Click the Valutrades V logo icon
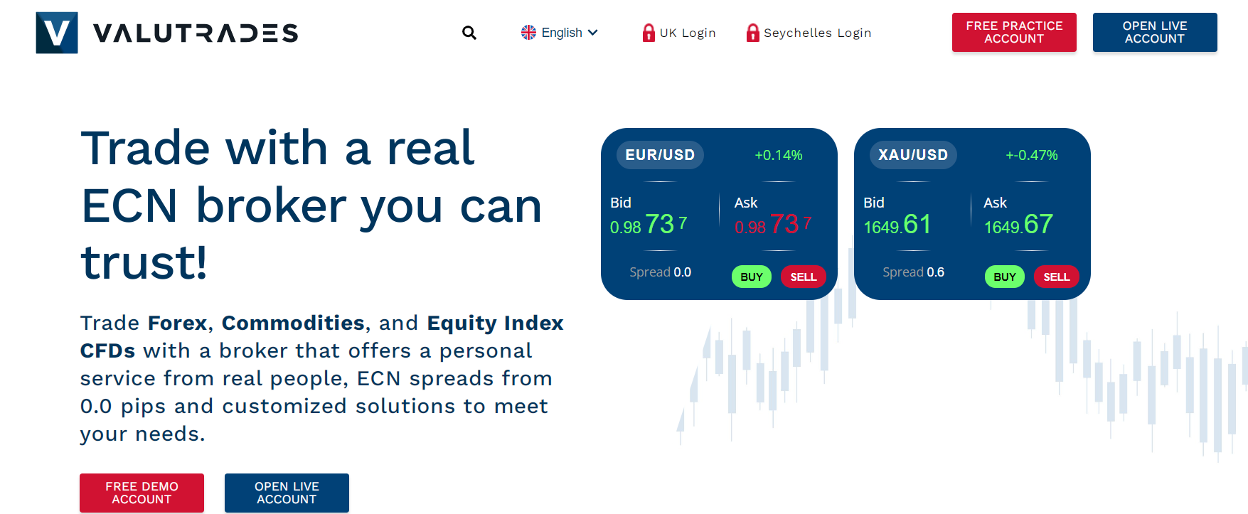coord(57,33)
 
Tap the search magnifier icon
coord(469,33)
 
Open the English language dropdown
coord(560,33)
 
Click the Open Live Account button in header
coord(1154,32)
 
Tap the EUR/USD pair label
coord(659,155)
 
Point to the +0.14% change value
coord(778,155)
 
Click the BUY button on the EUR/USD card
coord(751,277)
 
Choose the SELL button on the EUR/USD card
coord(803,277)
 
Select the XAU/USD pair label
coord(912,155)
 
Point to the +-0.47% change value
coord(1031,155)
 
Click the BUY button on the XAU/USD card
coord(1004,277)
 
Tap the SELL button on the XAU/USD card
coord(1056,277)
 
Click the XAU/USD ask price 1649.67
coord(1018,225)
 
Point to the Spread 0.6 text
coord(913,272)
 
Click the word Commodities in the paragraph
coord(293,323)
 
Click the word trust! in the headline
coord(144,262)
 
